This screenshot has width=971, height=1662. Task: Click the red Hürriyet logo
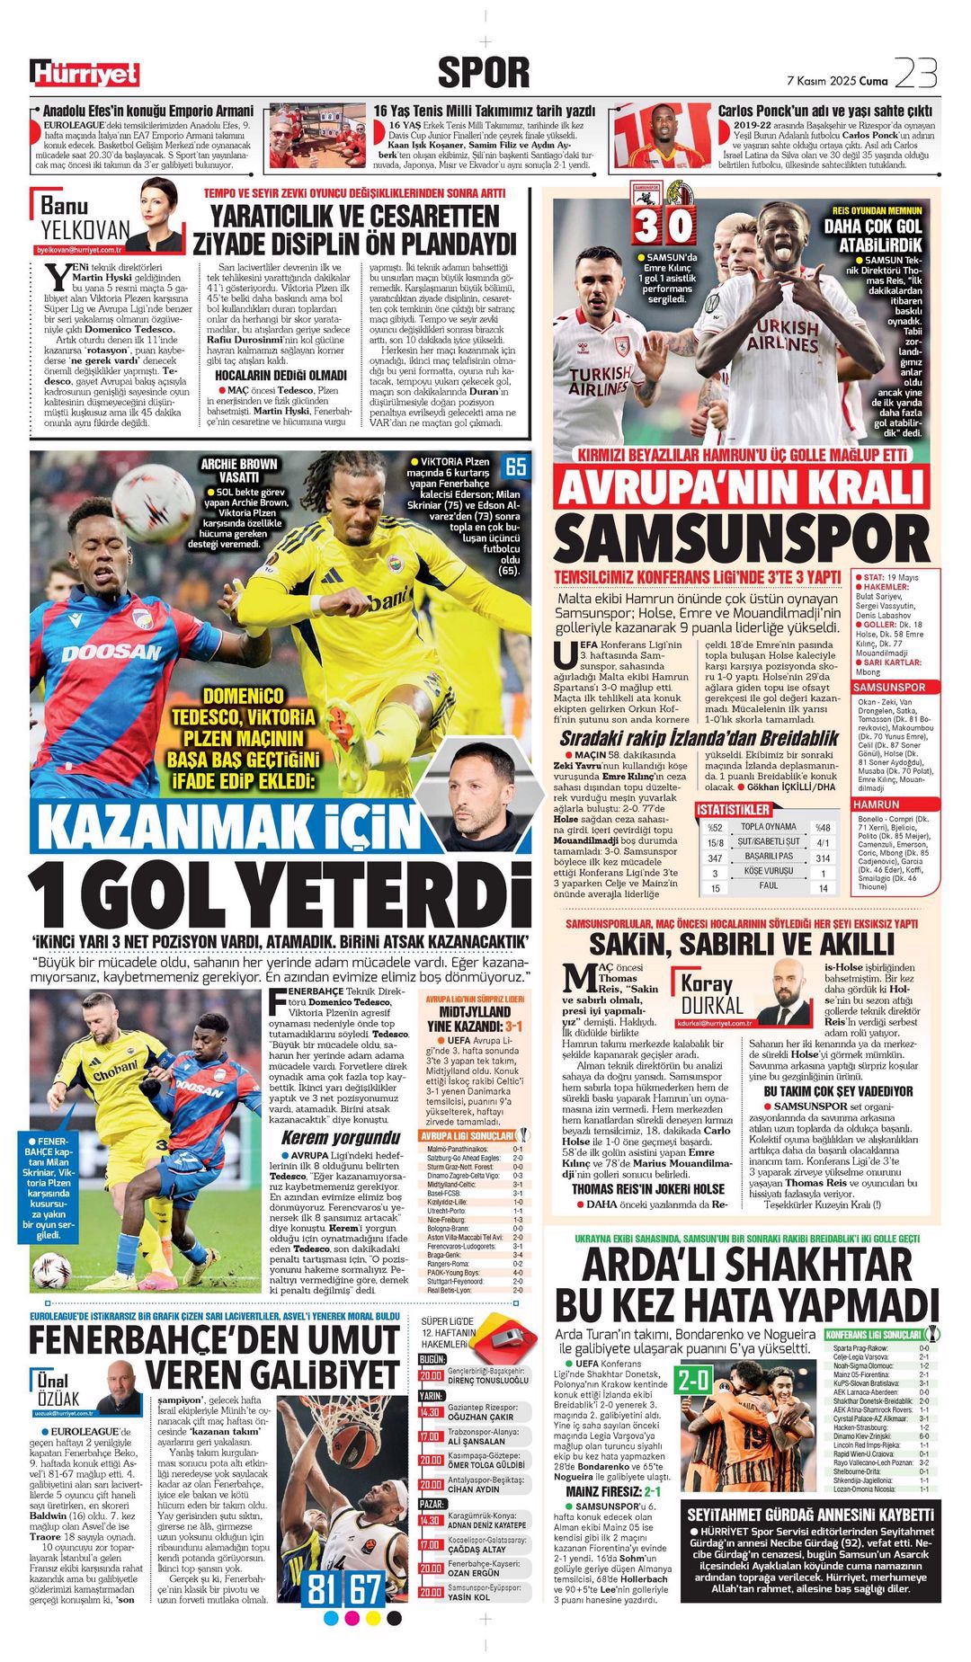click(x=85, y=73)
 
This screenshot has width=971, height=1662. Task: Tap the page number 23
click(x=916, y=73)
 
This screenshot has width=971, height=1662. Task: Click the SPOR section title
click(x=483, y=73)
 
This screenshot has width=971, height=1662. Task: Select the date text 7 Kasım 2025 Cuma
click(x=837, y=81)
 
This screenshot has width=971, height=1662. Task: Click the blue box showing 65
click(x=516, y=467)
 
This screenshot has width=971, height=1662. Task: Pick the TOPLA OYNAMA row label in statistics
click(x=768, y=827)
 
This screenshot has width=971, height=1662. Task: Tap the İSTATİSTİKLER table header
click(x=733, y=810)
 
